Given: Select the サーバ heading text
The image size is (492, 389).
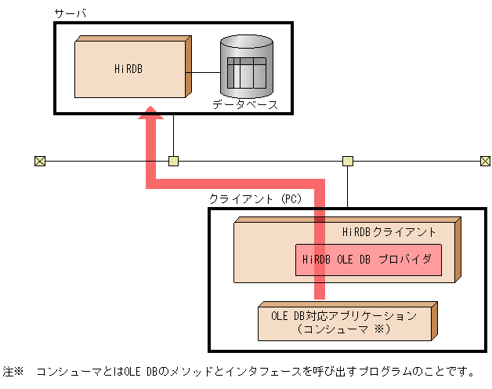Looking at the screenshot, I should point(71,13).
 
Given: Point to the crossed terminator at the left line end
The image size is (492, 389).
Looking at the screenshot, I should point(40,162).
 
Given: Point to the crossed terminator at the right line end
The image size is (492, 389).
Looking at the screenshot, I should point(485,162).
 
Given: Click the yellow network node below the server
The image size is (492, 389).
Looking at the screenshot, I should point(174,162).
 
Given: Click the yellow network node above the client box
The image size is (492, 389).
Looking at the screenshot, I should point(348,162).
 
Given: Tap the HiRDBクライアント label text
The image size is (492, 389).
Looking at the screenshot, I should point(389,232).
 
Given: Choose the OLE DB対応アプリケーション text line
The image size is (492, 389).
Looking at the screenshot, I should point(344,315).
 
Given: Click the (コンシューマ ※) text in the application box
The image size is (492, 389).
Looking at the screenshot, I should point(344,329).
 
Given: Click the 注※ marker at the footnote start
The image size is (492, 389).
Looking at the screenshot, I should point(14,370).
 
